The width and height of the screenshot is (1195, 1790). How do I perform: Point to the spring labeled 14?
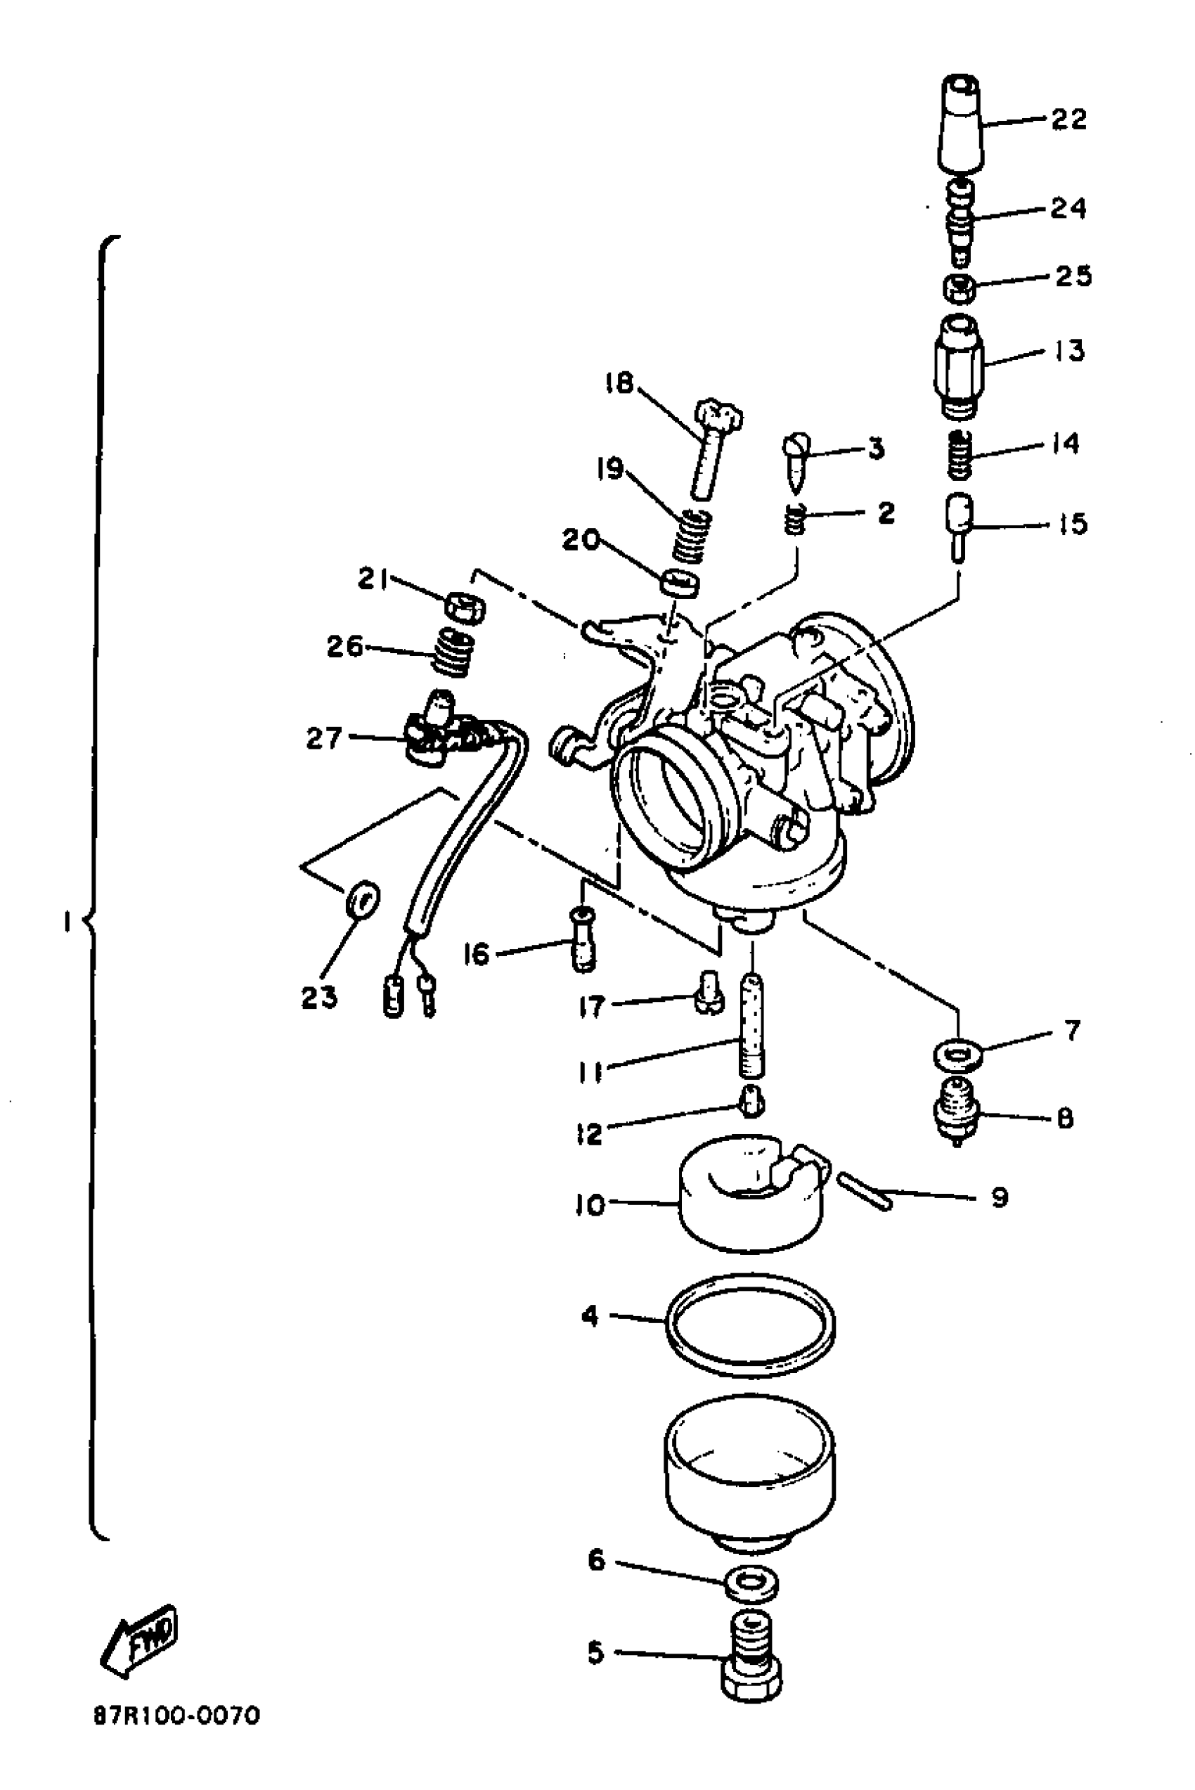tap(960, 455)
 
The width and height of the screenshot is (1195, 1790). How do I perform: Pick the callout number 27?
tap(323, 737)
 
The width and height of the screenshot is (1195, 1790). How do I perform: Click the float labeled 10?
tap(751, 1196)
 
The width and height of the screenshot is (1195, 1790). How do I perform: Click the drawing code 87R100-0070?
tap(177, 1716)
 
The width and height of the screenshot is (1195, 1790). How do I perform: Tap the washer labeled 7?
tap(958, 1055)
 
